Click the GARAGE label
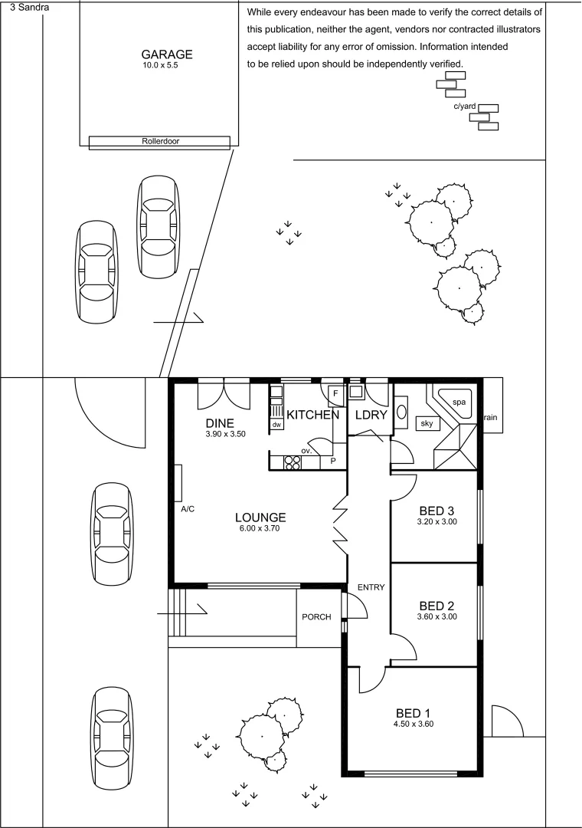coord(167,54)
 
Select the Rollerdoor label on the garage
coord(160,141)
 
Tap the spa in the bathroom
coord(459,402)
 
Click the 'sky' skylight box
coord(425,423)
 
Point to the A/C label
coord(188,509)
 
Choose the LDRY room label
coord(370,415)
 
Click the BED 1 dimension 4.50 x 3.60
coord(414,724)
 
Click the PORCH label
coord(316,617)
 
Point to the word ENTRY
coord(371,587)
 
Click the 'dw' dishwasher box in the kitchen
coord(276,425)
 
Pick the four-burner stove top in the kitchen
coord(292,462)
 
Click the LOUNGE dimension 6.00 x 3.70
coord(260,528)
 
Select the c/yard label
coord(465,107)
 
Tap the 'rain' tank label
coord(490,418)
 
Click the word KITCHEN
coord(312,415)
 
